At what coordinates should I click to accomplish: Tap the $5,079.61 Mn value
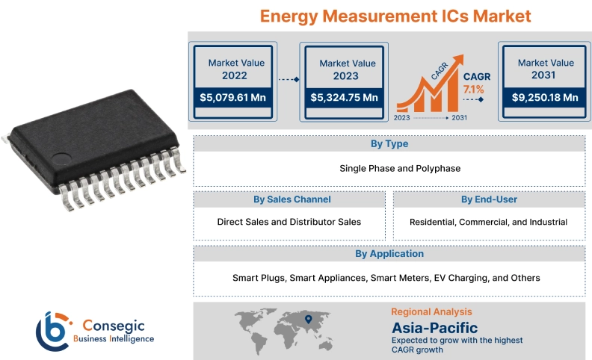(232, 97)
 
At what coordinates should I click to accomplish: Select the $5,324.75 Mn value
(343, 97)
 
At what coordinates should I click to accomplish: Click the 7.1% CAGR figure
(473, 90)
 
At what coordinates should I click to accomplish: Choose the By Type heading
(389, 144)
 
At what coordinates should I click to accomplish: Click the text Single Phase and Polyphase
(389, 168)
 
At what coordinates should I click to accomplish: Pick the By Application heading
(389, 254)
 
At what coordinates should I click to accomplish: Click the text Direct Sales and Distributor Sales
(289, 222)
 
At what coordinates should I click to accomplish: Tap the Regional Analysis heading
(431, 311)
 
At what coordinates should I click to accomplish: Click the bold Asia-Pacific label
(434, 327)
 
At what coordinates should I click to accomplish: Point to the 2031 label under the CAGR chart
(460, 118)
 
